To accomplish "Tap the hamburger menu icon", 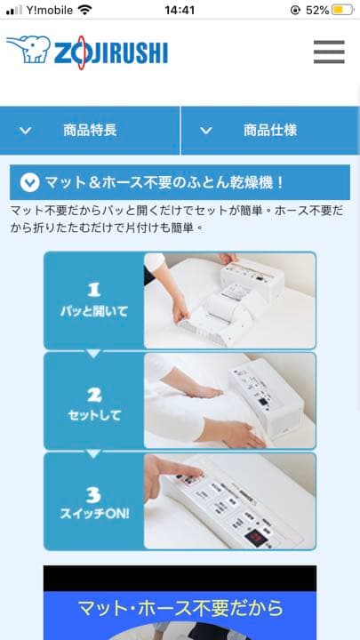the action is pyautogui.click(x=329, y=52).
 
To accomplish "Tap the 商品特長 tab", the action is pyautogui.click(x=90, y=131).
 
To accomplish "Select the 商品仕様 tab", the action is pyautogui.click(x=270, y=131).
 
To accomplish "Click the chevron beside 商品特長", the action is pyautogui.click(x=26, y=131).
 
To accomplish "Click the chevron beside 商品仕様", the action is pyautogui.click(x=206, y=131).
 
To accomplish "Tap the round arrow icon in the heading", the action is pyautogui.click(x=30, y=182).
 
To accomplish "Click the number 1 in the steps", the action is pyautogui.click(x=94, y=290).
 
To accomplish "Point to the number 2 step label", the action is pyautogui.click(x=94, y=395).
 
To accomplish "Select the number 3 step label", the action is pyautogui.click(x=94, y=495).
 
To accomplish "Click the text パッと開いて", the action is pyautogui.click(x=94, y=312).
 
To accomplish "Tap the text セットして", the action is pyautogui.click(x=94, y=415).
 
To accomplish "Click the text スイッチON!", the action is pyautogui.click(x=94, y=514).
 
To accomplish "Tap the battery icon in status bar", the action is pyautogui.click(x=342, y=10).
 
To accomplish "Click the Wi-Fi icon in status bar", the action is pyautogui.click(x=85, y=10).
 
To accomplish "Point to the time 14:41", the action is pyautogui.click(x=180, y=10).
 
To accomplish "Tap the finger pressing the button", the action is pyautogui.click(x=173, y=474).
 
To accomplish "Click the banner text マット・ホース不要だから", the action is pyautogui.click(x=180, y=608).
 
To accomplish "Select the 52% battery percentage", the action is pyautogui.click(x=317, y=10).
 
